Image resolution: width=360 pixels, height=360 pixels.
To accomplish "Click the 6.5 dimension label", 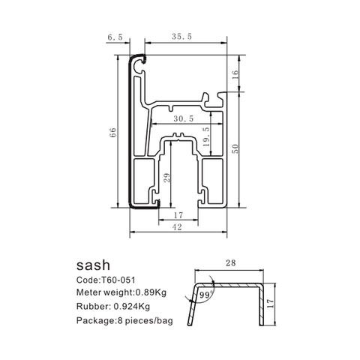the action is click(x=115, y=37).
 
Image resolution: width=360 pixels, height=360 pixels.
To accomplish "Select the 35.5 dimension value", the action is click(x=182, y=37).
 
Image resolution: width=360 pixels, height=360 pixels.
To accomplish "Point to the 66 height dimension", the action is click(x=112, y=132).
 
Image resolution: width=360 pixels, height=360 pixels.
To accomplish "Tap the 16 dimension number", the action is click(x=235, y=74).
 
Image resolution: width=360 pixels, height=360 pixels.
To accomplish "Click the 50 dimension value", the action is click(x=235, y=148).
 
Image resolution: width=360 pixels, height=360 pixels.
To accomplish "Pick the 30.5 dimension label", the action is click(x=184, y=118).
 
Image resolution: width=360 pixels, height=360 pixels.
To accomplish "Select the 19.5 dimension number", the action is click(x=206, y=136).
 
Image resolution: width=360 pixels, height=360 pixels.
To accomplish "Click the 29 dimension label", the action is click(x=167, y=178).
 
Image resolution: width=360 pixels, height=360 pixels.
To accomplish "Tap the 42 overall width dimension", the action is click(x=177, y=227).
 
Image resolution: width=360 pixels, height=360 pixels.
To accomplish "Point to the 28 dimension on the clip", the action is click(x=230, y=262).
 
